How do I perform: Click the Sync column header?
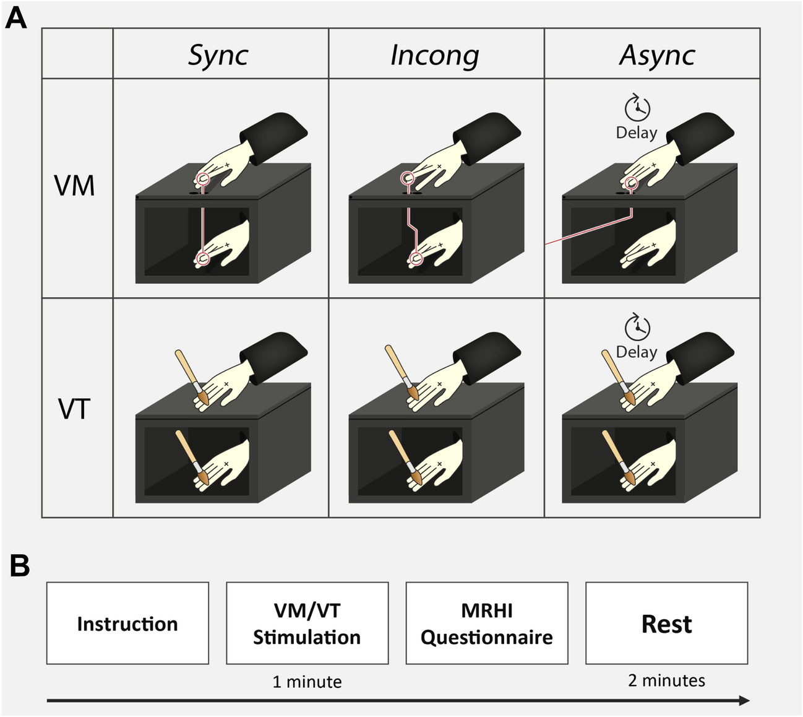tap(218, 55)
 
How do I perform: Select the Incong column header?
tap(435, 55)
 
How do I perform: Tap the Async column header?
tap(657, 55)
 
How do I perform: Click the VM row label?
tap(75, 186)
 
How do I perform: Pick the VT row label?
tap(75, 409)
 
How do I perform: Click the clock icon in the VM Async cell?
tap(637, 108)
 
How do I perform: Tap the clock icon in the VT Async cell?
tap(637, 328)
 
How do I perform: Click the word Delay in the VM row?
tap(637, 133)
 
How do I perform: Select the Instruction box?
tap(127, 623)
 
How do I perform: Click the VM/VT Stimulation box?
tap(307, 623)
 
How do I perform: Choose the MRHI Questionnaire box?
tap(487, 623)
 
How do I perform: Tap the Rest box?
tap(666, 623)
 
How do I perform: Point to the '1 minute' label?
tap(307, 682)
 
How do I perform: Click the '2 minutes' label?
tap(666, 680)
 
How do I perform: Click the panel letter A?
tap(16, 18)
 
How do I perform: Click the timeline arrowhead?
tap(744, 700)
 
